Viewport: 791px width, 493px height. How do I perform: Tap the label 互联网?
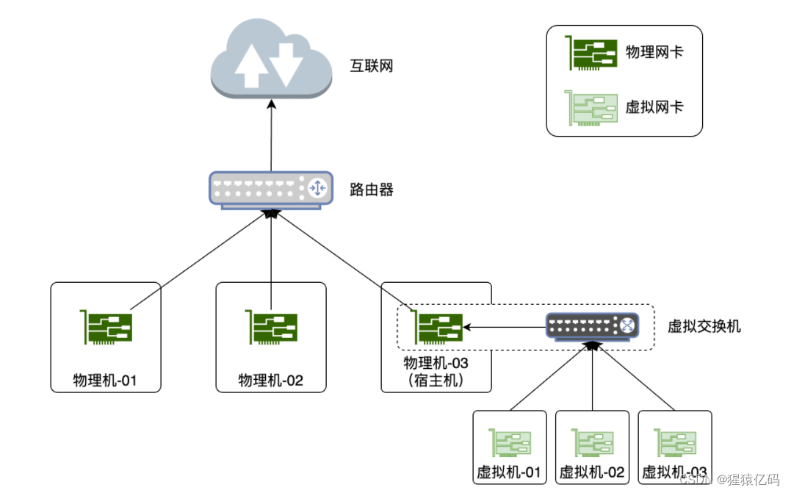click(372, 66)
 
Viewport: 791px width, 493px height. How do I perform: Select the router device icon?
click(270, 190)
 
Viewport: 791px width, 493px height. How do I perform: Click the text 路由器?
click(372, 190)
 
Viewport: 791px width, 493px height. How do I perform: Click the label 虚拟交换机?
click(704, 326)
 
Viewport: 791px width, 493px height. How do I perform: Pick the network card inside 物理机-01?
click(106, 327)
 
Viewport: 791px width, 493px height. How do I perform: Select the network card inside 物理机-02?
click(270, 327)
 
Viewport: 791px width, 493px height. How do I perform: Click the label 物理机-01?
click(106, 381)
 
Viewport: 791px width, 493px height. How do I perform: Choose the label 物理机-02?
click(270, 381)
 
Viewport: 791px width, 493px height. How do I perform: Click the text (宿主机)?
click(436, 380)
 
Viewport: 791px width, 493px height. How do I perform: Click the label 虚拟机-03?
click(675, 472)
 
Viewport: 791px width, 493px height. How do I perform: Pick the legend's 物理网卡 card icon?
click(590, 53)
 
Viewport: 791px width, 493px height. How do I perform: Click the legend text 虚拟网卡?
click(654, 107)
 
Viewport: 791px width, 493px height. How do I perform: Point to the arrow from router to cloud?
click(271, 136)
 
